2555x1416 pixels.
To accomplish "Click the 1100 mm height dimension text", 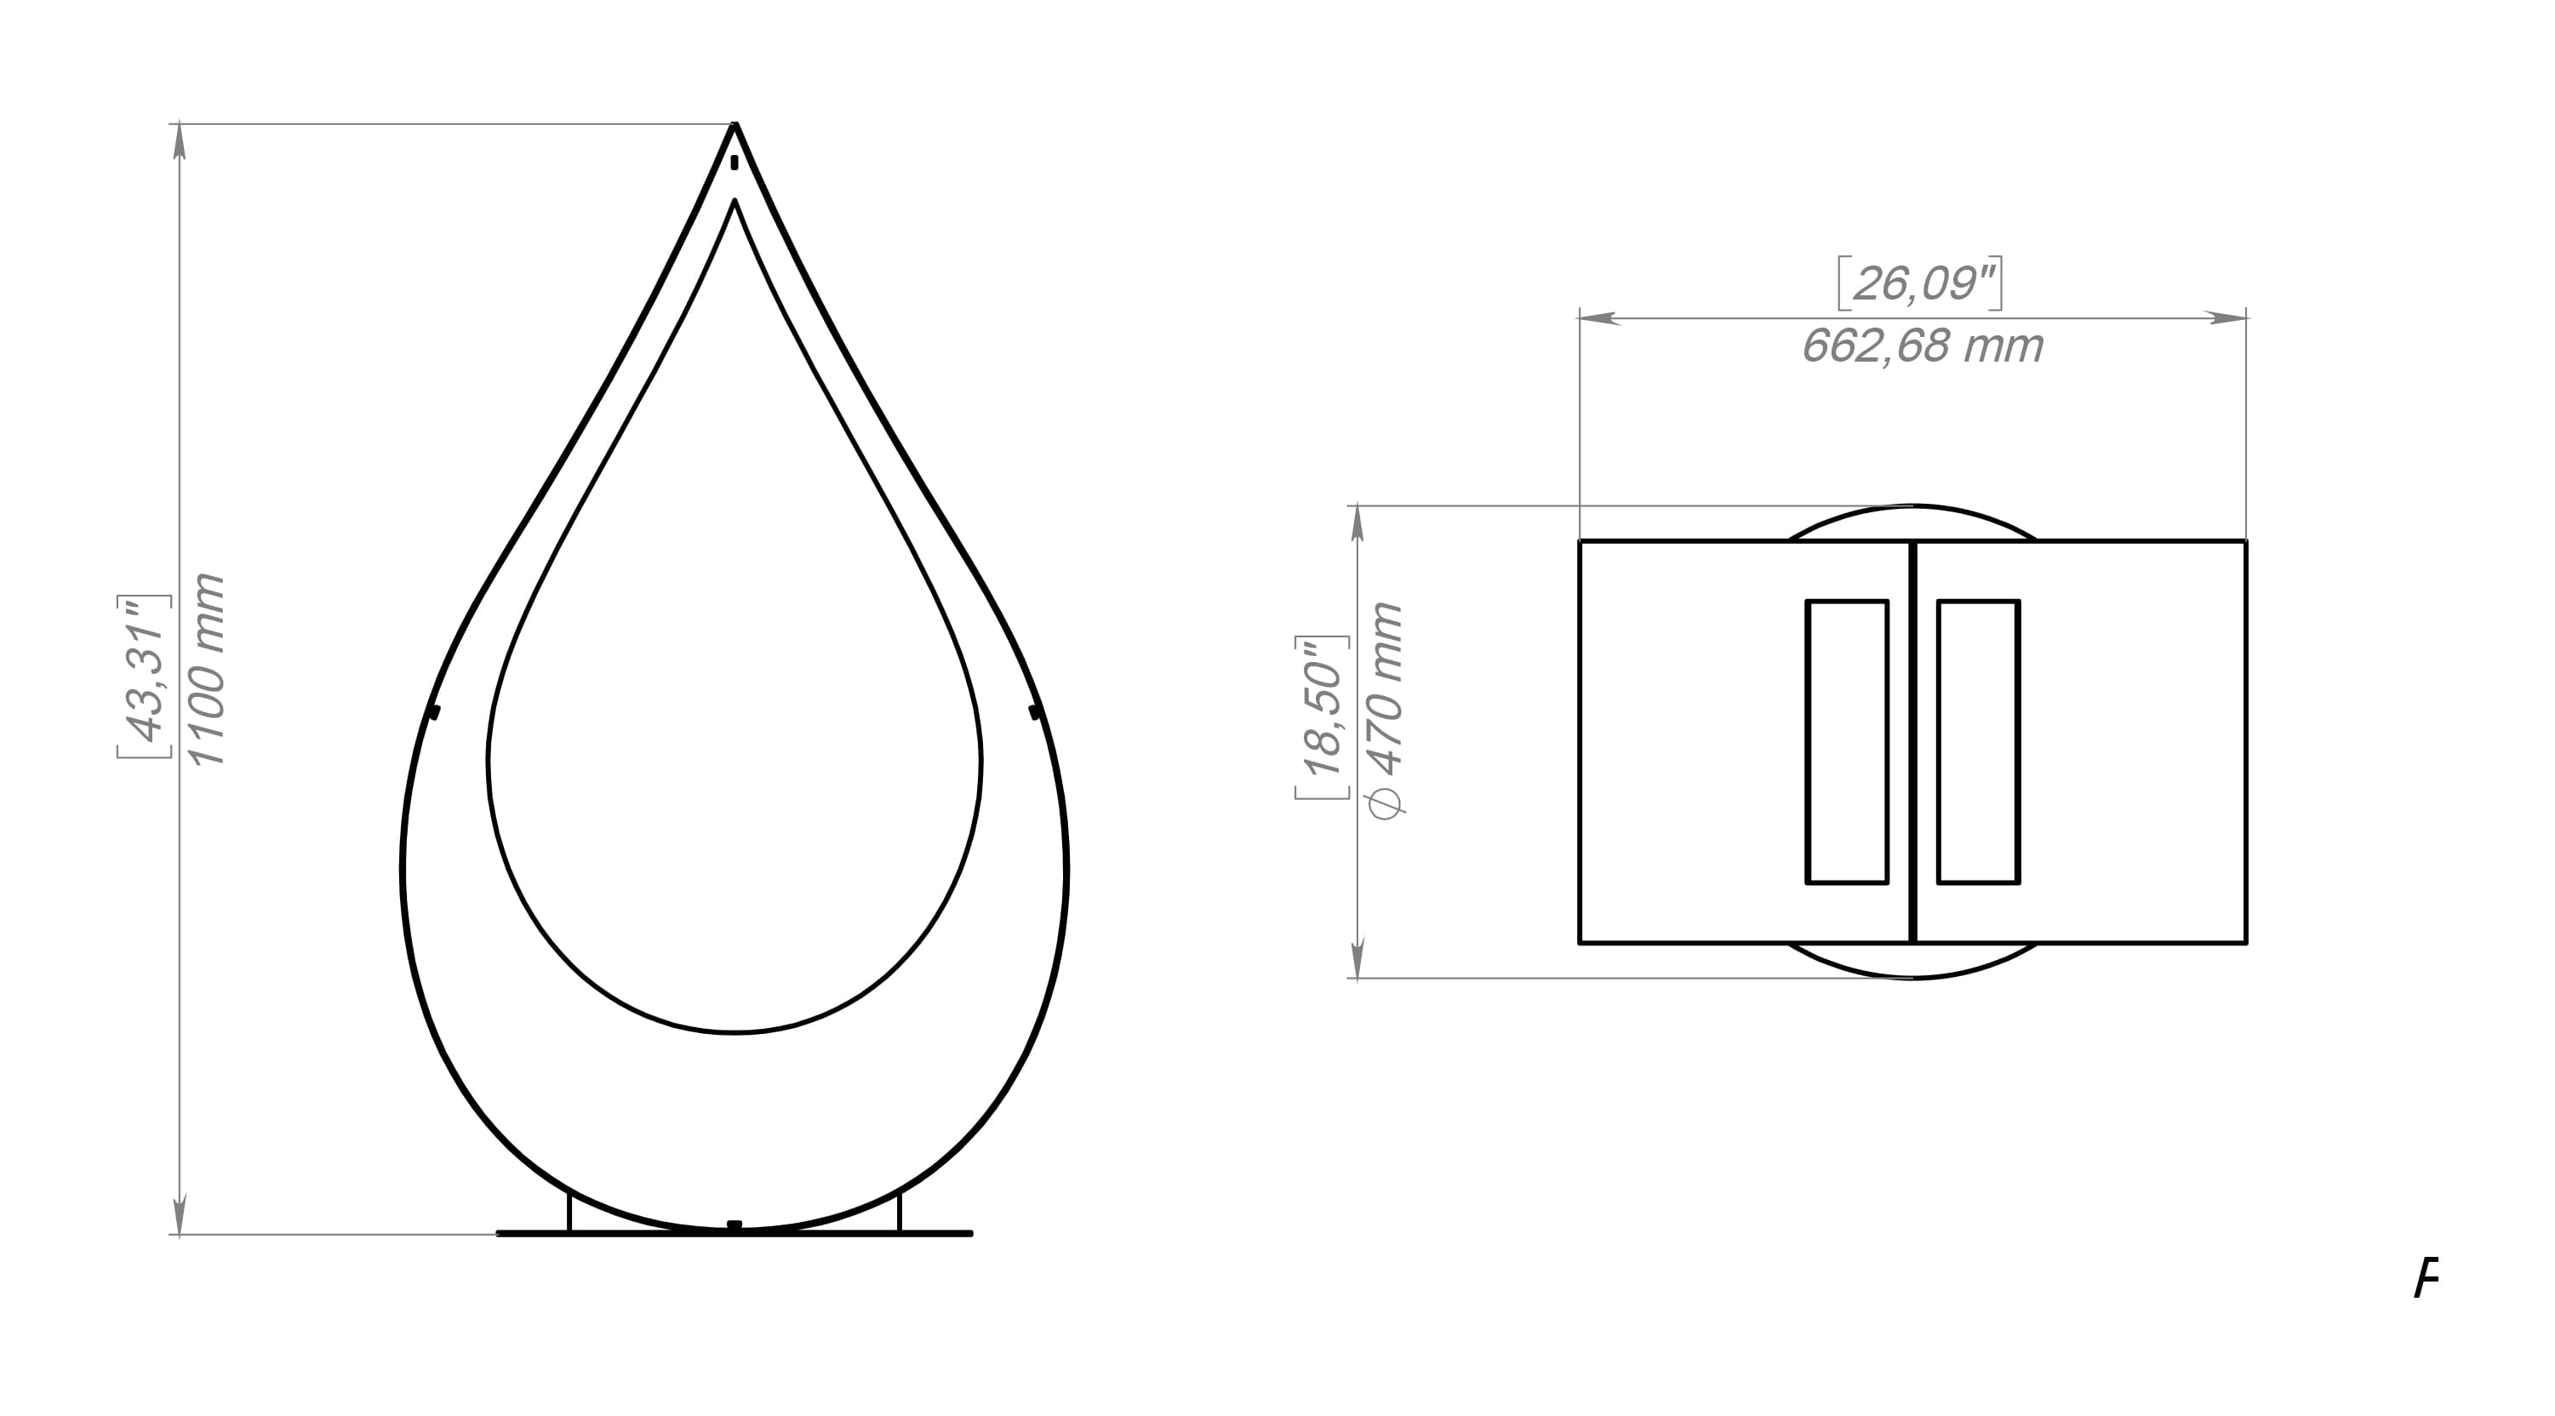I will coord(209,670).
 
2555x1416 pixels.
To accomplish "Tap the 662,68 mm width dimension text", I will coord(1921,347).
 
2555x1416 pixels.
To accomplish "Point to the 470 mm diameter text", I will coord(1386,709).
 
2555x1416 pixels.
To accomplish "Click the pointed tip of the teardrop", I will coord(735,127).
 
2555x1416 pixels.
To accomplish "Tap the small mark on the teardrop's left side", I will coord(433,712).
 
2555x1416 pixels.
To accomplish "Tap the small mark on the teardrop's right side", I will coord(1034,712).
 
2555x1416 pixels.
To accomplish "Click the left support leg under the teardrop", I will coord(569,1212).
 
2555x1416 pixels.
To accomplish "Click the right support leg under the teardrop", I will coord(900,1212).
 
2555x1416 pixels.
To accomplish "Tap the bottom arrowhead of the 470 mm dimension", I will coord(1358,960).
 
